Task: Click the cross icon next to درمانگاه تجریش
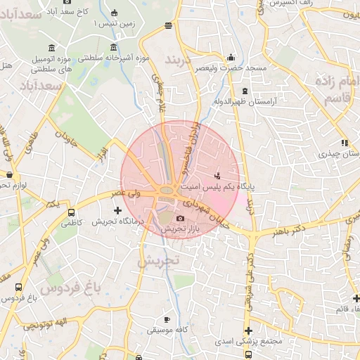tap(117, 210)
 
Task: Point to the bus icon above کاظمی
tap(71, 212)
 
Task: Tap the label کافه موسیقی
tap(165, 329)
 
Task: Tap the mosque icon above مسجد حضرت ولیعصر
tap(232, 58)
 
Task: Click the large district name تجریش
tap(160, 261)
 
